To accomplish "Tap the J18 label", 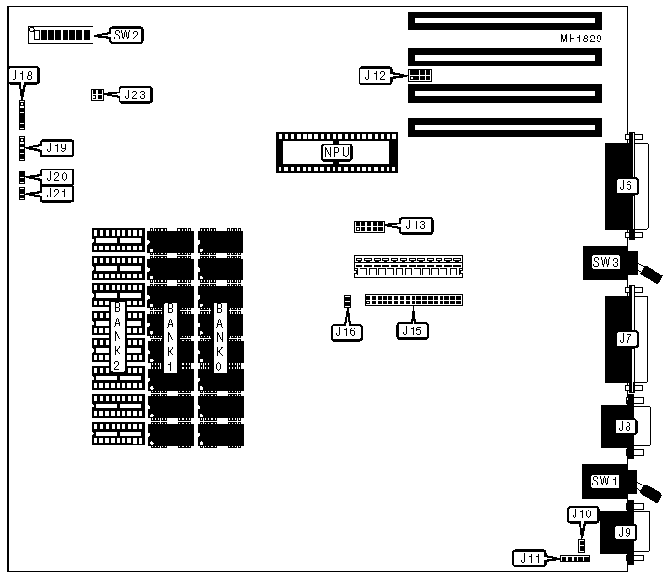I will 22,74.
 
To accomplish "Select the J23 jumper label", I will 135,94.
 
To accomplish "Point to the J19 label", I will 58,148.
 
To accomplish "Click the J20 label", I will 58,177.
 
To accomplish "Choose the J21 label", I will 58,194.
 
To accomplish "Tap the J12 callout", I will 375,74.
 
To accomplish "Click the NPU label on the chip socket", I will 336,152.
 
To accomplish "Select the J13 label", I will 416,225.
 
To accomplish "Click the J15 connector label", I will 413,331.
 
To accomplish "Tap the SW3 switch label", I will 604,262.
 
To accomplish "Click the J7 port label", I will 626,338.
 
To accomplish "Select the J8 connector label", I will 625,426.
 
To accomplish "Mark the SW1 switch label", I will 604,479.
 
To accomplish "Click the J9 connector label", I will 625,532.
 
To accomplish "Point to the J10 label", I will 580,515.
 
